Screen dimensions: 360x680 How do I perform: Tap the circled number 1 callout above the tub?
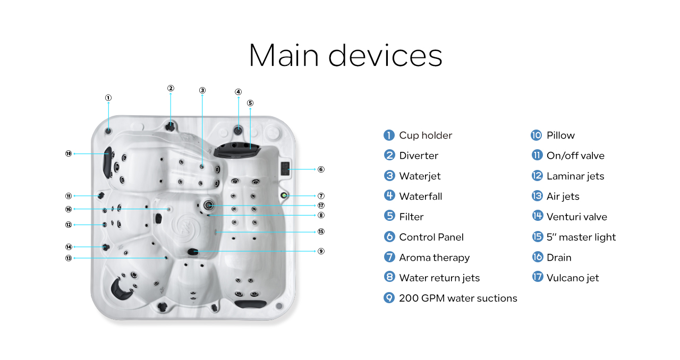[x=108, y=98]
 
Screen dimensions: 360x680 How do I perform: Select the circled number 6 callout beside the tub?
[x=321, y=169]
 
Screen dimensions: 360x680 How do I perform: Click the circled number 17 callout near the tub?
[x=321, y=205]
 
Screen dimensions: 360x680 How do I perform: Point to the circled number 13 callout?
[x=69, y=258]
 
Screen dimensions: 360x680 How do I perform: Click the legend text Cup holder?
[x=426, y=135]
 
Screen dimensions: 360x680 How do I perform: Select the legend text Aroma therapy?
[x=434, y=258]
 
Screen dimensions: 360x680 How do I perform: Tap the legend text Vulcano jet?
[x=573, y=278]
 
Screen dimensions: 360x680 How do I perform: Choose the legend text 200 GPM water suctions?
[x=458, y=298]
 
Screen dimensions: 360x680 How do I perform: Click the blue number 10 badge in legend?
[x=537, y=135]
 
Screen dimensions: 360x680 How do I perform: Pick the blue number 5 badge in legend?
[x=389, y=217]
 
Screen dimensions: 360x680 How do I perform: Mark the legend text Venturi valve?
[x=576, y=217]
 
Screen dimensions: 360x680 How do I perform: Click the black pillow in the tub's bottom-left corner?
[x=120, y=287]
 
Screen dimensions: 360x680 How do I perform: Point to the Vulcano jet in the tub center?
[x=208, y=205]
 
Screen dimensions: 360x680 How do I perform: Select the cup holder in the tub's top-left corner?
[x=108, y=131]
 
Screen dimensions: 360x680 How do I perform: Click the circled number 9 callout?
[x=321, y=251]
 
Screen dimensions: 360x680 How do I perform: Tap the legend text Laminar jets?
[x=575, y=176]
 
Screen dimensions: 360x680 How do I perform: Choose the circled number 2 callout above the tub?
[x=171, y=88]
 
